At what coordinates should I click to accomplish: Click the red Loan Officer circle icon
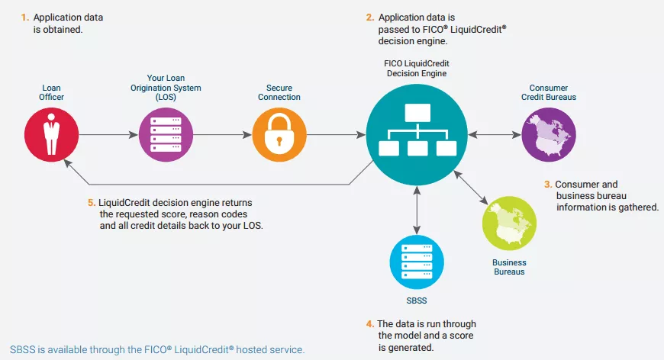(x=52, y=134)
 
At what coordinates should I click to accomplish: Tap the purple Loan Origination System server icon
(x=166, y=134)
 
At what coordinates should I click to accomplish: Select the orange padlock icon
(x=279, y=134)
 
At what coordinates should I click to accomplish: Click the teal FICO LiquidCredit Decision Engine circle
(x=417, y=134)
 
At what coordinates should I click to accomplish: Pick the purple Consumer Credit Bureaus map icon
(x=549, y=134)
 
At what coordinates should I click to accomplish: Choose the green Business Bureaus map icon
(x=509, y=223)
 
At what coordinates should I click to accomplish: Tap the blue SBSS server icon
(x=417, y=262)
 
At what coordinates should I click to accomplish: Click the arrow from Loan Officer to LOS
(x=109, y=135)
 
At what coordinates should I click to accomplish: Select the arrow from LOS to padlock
(x=223, y=135)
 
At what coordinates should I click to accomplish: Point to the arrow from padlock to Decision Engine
(x=337, y=135)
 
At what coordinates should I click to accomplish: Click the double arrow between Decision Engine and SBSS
(x=417, y=211)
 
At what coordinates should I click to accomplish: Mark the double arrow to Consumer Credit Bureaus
(x=495, y=135)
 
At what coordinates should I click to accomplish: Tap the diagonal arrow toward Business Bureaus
(x=471, y=188)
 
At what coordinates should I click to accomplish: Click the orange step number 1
(x=25, y=18)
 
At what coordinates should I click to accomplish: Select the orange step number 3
(x=548, y=185)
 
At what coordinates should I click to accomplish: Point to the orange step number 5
(x=92, y=203)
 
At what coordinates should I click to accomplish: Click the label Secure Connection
(x=279, y=92)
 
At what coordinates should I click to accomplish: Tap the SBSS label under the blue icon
(x=417, y=301)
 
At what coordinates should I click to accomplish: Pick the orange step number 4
(x=370, y=324)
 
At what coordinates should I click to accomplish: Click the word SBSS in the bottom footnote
(x=22, y=350)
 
